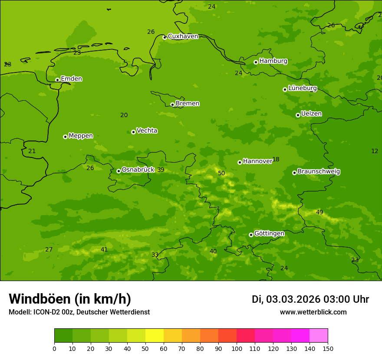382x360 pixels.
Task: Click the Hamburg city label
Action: [273, 61]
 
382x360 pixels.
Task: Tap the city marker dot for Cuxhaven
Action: [165, 37]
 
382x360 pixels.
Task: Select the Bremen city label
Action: [187, 104]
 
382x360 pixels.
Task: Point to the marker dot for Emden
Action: [57, 80]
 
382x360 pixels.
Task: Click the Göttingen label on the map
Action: [269, 234]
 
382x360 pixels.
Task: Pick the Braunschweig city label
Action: [319, 172]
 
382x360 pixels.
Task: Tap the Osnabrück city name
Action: [138, 170]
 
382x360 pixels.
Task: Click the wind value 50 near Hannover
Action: [221, 173]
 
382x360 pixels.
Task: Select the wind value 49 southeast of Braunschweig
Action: [319, 213]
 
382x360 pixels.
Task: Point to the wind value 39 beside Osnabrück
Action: [161, 170]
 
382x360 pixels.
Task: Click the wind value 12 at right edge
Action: [375, 151]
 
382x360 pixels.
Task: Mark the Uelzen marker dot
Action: [298, 115]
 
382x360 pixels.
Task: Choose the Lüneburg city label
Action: [302, 88]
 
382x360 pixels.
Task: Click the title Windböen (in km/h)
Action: [70, 299]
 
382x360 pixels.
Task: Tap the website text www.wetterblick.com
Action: [313, 312]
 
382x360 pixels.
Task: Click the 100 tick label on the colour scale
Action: [237, 349]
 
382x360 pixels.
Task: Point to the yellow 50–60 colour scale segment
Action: [155, 336]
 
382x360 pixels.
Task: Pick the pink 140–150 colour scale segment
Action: [319, 336]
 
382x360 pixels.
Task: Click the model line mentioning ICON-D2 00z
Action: [79, 312]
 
